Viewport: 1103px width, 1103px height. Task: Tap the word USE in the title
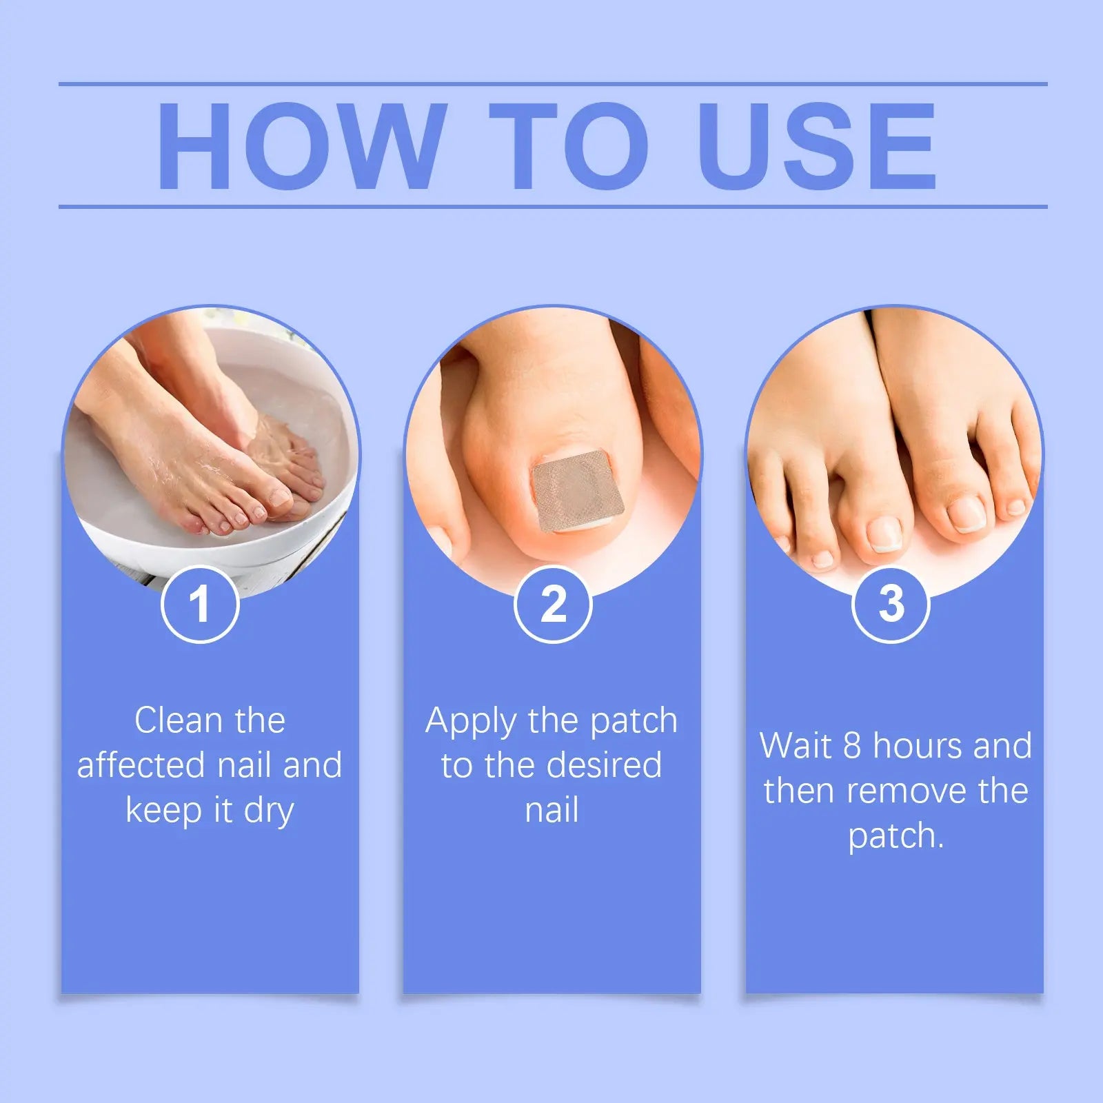(818, 146)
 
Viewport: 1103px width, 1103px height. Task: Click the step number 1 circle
(200, 605)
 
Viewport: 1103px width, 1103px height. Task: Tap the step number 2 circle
(553, 605)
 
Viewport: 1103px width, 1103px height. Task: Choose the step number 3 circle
(891, 605)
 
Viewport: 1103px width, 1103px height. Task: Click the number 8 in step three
(852, 747)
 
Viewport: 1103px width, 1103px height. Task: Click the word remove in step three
(906, 791)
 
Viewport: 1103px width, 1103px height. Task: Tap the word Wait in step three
(795, 747)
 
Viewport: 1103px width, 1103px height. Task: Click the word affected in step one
(141, 765)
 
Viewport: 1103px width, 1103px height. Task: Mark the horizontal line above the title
(551, 84)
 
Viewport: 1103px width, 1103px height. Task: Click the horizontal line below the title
(551, 206)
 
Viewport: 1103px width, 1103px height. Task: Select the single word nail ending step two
(551, 810)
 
